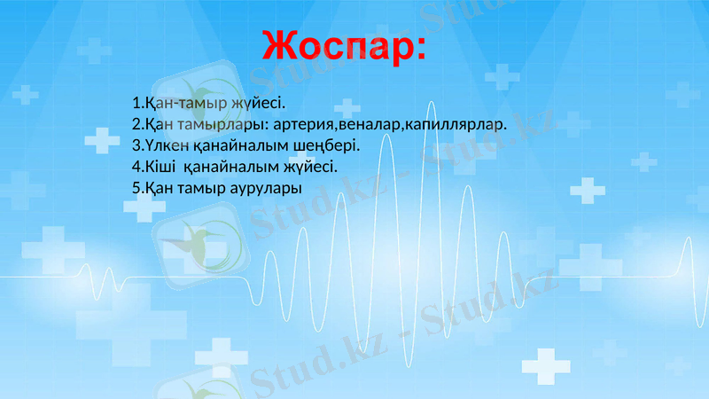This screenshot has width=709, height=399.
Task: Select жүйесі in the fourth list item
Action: pyautogui.click(x=309, y=166)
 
